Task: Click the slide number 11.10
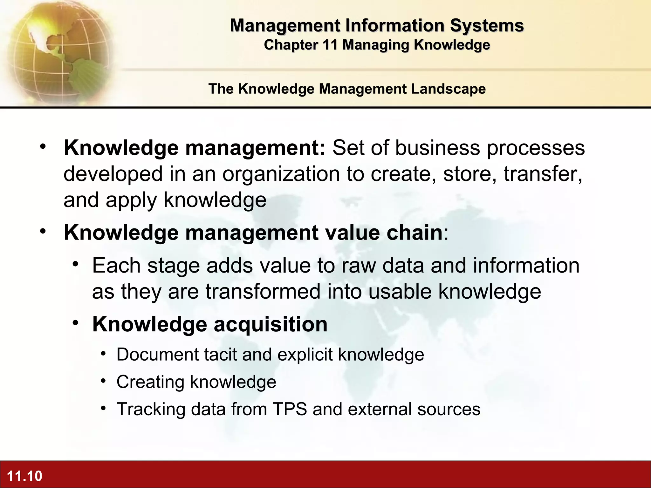pyautogui.click(x=24, y=476)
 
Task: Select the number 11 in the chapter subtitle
pyautogui.click(x=330, y=45)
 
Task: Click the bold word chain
pyautogui.click(x=415, y=233)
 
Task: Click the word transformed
pyautogui.click(x=263, y=292)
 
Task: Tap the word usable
pyautogui.click(x=400, y=292)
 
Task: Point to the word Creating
pyautogui.click(x=150, y=382)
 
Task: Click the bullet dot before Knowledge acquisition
pyautogui.click(x=75, y=323)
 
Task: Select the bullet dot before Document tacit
pyautogui.click(x=103, y=354)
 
